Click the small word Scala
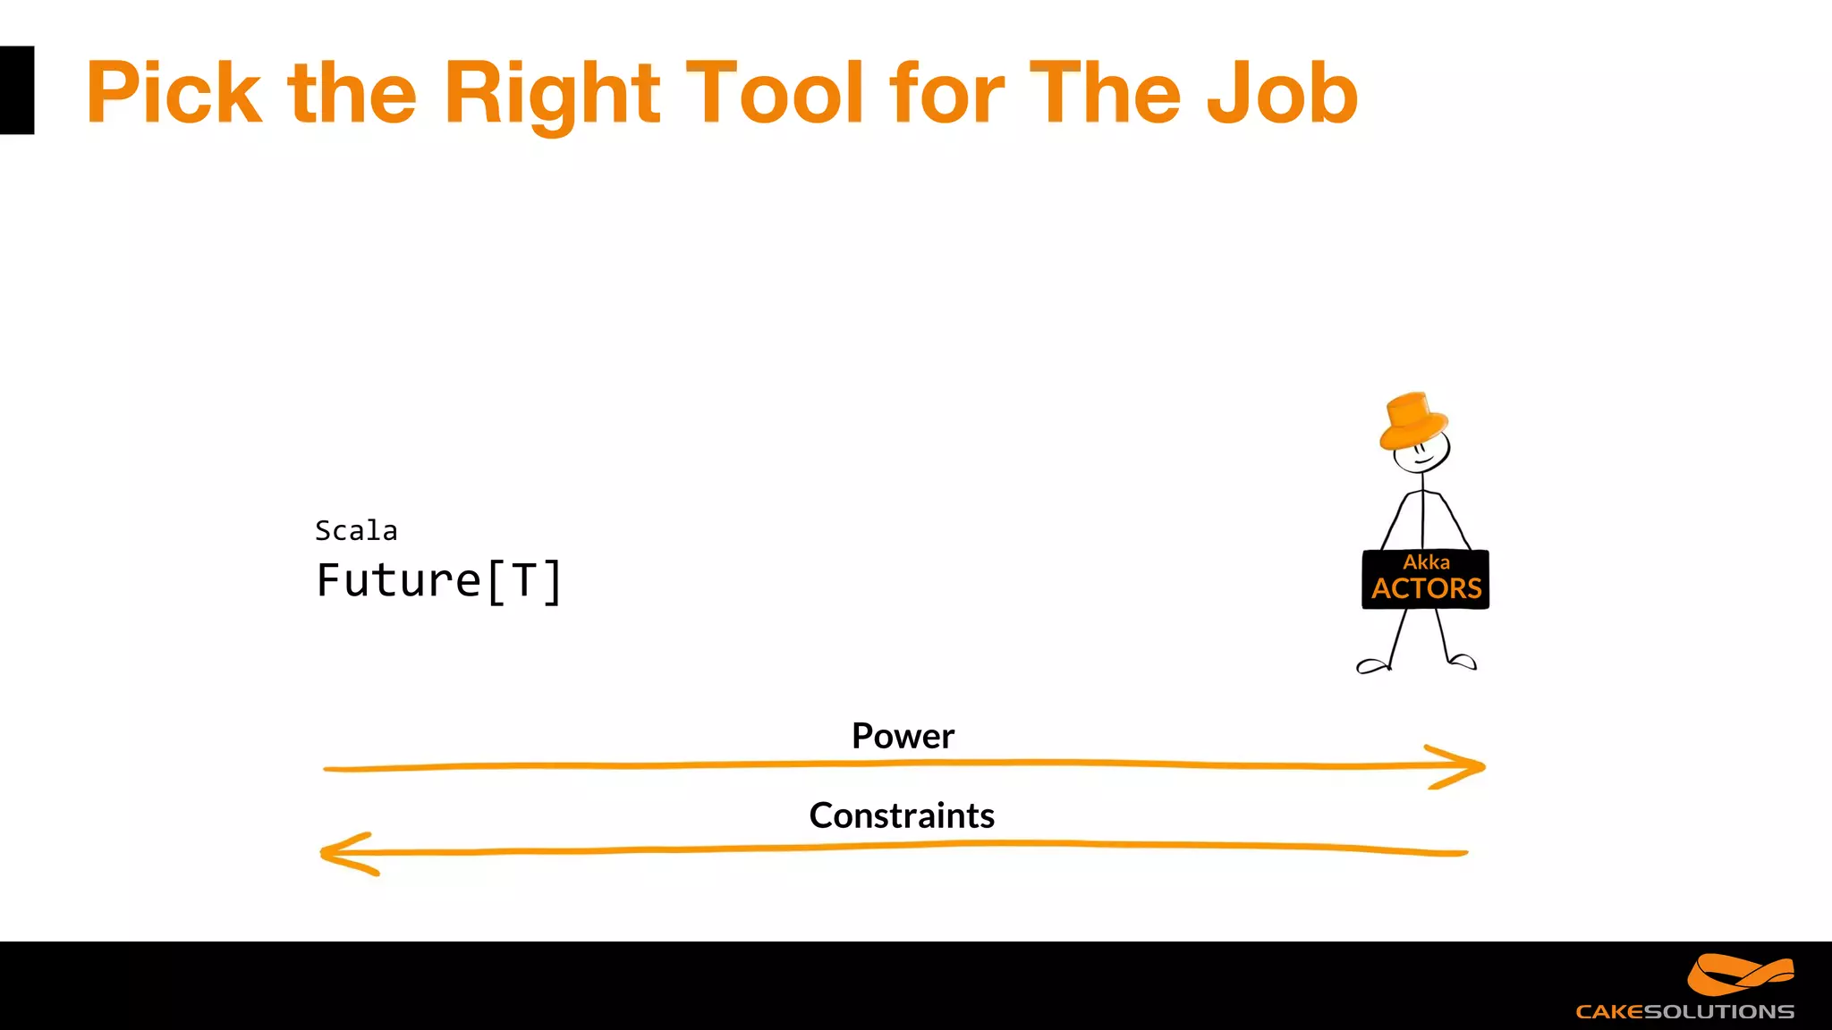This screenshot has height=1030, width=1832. click(x=356, y=530)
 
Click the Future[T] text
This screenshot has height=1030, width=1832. click(x=439, y=580)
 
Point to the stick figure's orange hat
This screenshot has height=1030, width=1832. click(x=1412, y=420)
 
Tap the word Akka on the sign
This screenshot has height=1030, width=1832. click(x=1426, y=561)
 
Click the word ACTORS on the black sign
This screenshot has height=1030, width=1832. click(x=1426, y=588)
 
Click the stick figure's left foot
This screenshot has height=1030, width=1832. click(x=1371, y=665)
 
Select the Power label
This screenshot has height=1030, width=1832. click(x=903, y=736)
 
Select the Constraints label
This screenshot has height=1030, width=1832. click(x=902, y=815)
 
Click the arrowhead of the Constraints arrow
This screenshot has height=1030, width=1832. click(x=345, y=853)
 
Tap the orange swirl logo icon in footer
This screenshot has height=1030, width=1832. click(x=1739, y=975)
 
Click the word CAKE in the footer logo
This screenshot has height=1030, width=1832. click(x=1609, y=1012)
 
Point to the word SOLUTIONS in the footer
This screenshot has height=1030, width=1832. click(x=1719, y=1012)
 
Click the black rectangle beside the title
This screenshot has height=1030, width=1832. click(x=17, y=90)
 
